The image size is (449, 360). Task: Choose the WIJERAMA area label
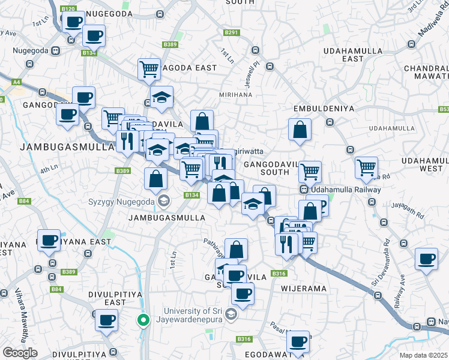coord(304,289)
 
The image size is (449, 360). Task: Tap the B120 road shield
coord(69,9)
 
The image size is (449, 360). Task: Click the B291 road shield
coord(232,32)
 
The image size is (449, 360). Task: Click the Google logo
coord(20,353)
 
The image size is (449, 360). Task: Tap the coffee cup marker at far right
coord(427,259)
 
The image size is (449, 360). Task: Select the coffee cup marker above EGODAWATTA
coord(297,342)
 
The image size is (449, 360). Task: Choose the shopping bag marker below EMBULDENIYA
coord(300,129)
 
